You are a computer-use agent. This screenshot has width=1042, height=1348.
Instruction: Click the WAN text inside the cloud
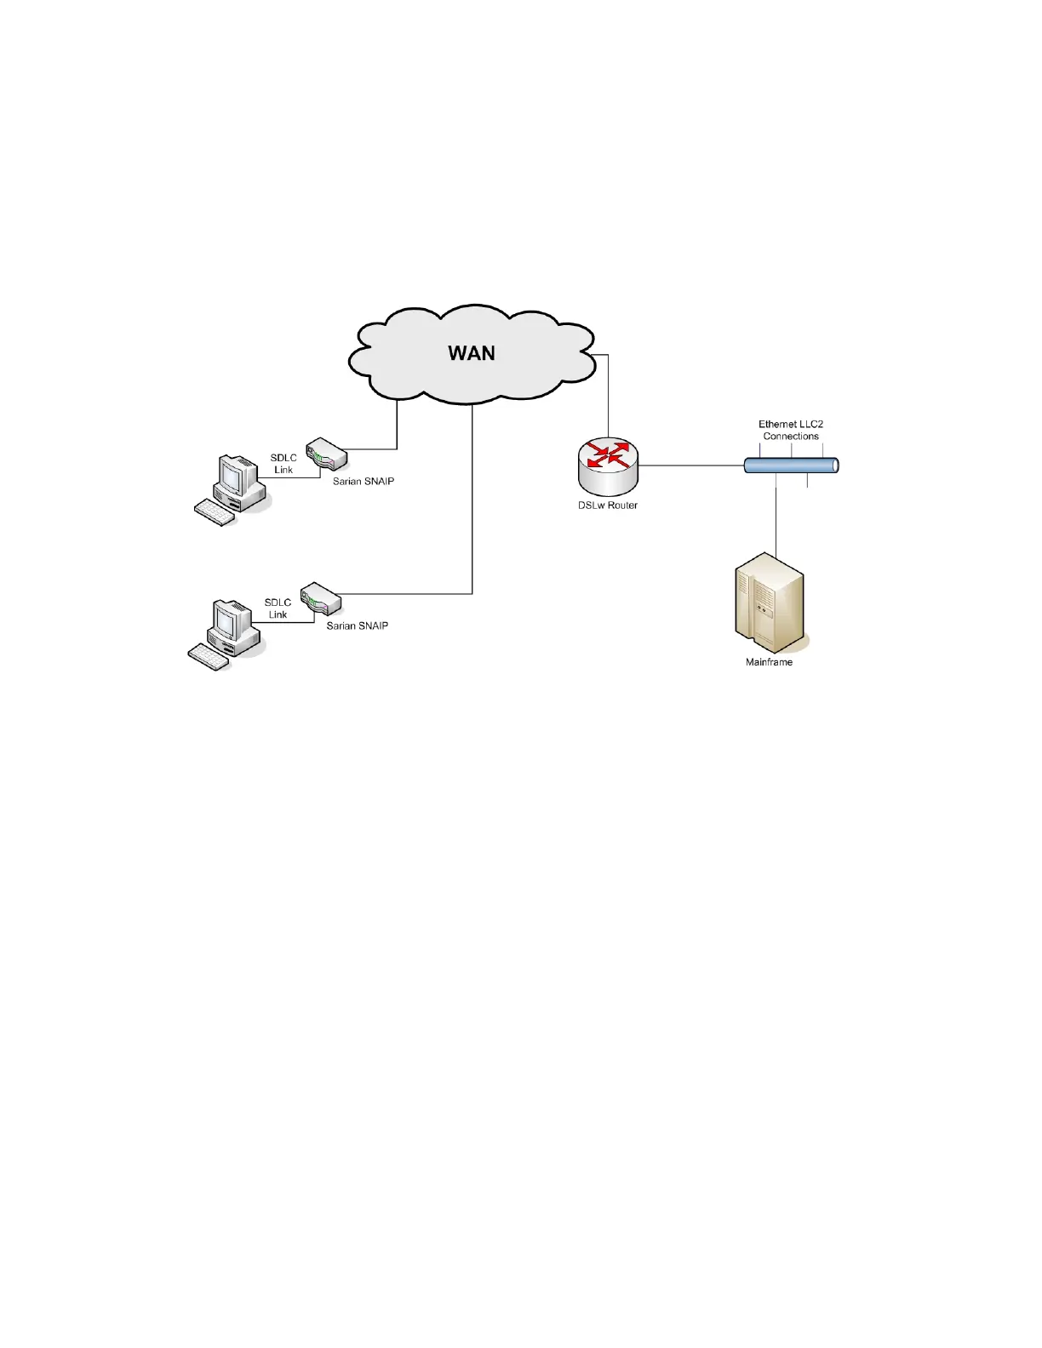click(472, 353)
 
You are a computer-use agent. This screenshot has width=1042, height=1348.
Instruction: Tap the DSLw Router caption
click(608, 505)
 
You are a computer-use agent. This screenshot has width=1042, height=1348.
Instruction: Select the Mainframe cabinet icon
click(769, 603)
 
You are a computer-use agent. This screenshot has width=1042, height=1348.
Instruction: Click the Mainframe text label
click(769, 662)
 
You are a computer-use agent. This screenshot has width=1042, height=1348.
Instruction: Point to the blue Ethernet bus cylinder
click(791, 466)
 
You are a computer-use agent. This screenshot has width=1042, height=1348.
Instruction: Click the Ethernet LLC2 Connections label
click(791, 430)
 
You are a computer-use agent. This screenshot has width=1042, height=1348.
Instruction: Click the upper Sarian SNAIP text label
click(364, 482)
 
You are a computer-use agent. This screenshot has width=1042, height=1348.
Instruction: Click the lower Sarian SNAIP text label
click(358, 626)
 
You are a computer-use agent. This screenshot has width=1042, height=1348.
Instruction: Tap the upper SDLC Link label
click(283, 464)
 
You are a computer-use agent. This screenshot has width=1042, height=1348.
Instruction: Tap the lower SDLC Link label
click(278, 608)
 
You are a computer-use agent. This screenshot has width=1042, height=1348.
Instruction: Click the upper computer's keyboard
click(215, 512)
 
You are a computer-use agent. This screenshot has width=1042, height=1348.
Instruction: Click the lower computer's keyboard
click(208, 657)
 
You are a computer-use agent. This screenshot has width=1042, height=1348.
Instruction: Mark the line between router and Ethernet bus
click(690, 466)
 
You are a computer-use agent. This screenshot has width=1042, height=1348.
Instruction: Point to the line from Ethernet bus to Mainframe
click(776, 519)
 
